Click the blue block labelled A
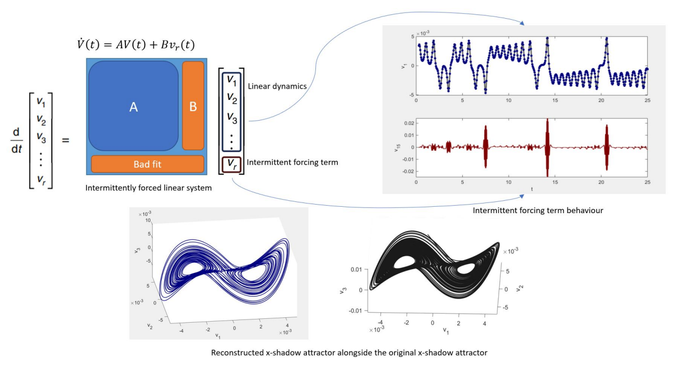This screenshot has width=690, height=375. (x=133, y=107)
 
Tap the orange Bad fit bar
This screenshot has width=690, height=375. (x=147, y=164)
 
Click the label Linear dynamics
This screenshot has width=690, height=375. (x=273, y=85)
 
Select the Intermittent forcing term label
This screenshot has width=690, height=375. (x=292, y=162)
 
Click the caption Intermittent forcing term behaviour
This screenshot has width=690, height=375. (x=538, y=210)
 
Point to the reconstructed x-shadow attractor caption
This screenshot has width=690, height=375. (x=349, y=353)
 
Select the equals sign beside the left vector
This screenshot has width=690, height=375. (x=66, y=140)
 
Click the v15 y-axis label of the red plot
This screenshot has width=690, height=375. (x=396, y=147)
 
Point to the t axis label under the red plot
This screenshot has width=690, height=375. (x=532, y=189)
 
